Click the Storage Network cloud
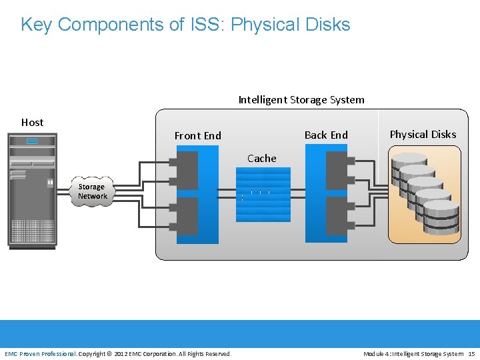(92, 192)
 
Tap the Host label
(32, 123)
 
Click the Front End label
(197, 136)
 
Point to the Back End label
(326, 135)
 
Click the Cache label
(261, 159)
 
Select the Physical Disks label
(423, 135)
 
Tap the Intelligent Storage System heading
(301, 100)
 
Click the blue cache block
(263, 194)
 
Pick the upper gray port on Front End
(187, 170)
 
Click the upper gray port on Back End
(337, 170)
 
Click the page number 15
(471, 353)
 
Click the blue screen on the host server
(32, 141)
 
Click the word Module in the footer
(375, 353)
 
